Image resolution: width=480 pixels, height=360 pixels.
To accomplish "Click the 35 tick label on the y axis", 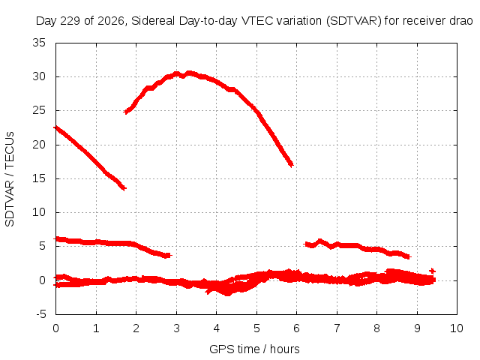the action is (x=39, y=43).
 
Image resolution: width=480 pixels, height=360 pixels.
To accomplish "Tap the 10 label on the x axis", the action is (x=457, y=328).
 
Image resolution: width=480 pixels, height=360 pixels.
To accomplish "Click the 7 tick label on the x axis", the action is (x=337, y=328).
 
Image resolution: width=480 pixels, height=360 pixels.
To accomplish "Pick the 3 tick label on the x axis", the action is (x=176, y=328).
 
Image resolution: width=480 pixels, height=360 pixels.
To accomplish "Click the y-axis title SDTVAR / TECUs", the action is (x=10, y=179).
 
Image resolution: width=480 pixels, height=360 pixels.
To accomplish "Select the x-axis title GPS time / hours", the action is (x=254, y=349).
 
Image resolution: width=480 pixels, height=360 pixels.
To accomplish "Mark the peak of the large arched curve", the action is (x=188, y=73).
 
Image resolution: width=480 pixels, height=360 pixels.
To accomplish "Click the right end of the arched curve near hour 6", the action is (x=291, y=165).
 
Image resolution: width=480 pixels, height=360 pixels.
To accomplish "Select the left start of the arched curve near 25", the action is (x=126, y=112).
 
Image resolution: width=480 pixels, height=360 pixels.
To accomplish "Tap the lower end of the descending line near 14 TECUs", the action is (x=124, y=188).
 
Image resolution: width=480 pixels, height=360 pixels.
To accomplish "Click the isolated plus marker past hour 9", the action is (x=432, y=271).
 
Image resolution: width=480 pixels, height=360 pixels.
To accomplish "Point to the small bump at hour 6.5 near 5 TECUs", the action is (x=320, y=241).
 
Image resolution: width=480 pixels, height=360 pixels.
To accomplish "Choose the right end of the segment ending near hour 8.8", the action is (x=408, y=256).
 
